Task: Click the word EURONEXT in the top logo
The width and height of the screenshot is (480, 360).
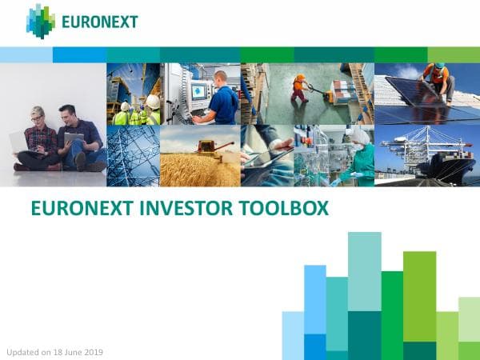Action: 102,21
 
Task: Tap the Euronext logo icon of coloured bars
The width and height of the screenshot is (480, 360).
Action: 41,21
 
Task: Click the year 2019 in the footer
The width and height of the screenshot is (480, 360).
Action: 93,352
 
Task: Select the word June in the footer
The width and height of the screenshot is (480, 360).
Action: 71,352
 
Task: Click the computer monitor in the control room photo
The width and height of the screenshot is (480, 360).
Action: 198,90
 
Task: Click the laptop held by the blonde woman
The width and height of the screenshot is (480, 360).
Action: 19,142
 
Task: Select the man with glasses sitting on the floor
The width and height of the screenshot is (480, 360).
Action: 78,138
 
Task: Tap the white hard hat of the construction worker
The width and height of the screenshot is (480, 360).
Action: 151,101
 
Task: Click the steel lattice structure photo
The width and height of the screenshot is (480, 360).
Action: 132,156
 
